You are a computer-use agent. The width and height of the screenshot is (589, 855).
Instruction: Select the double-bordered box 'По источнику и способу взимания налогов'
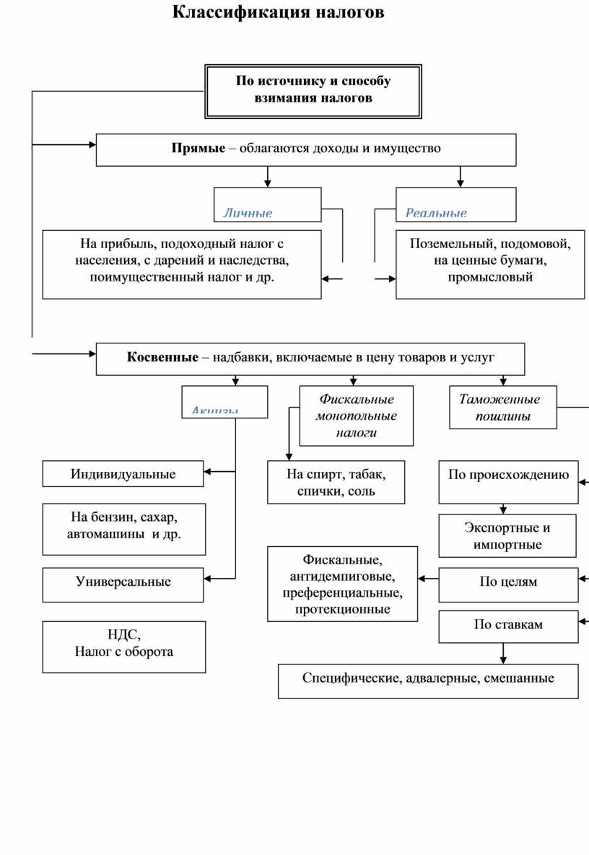tap(313, 91)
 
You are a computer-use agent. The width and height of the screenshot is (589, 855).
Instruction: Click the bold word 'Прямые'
tap(198, 149)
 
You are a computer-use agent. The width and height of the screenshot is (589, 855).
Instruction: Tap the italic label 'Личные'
tap(248, 213)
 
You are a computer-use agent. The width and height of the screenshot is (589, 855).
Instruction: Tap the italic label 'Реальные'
tap(436, 213)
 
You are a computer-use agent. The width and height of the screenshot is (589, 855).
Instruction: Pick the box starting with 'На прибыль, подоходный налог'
tap(182, 263)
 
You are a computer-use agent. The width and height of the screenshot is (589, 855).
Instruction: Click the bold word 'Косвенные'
tap(162, 357)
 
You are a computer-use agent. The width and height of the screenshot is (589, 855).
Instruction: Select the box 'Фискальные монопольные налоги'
tap(357, 416)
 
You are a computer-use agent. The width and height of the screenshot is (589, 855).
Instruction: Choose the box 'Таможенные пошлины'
tap(503, 408)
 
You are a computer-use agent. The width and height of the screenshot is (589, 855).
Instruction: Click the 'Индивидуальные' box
tap(123, 474)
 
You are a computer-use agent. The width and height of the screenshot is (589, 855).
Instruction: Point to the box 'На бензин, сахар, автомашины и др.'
tap(123, 528)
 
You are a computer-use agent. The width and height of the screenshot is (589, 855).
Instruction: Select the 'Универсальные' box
tap(123, 582)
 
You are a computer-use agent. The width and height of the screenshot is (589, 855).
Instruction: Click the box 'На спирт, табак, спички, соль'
tap(336, 482)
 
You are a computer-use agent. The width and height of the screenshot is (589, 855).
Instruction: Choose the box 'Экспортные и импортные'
tap(507, 535)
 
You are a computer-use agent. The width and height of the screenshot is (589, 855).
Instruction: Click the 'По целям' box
tap(508, 582)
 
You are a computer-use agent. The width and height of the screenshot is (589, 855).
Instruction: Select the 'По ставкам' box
tap(508, 625)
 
